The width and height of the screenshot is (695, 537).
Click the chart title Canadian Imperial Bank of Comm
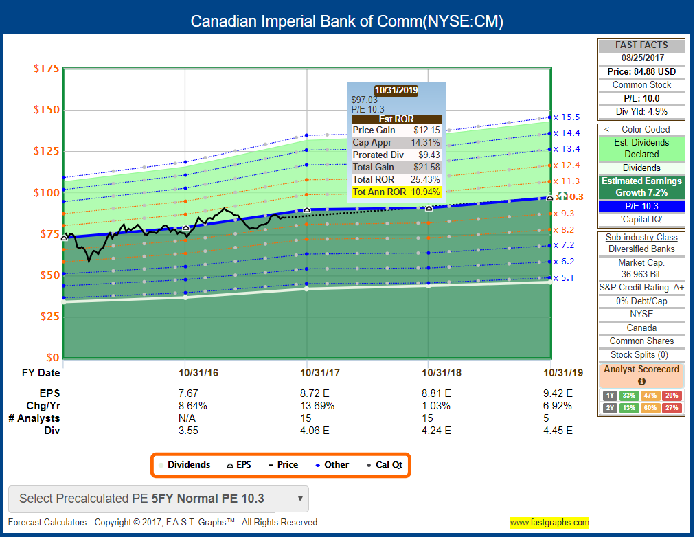point(347,21)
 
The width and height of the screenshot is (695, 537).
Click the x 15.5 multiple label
point(567,117)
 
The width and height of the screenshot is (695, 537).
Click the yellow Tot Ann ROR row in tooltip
point(396,192)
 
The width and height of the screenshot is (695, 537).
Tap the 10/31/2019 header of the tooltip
point(396,90)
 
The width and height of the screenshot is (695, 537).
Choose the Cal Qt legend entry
point(387,465)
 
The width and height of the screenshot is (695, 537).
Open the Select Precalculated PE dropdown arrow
point(299,499)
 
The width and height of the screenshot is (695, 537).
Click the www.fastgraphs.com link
point(549,523)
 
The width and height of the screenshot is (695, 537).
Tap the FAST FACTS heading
point(641,45)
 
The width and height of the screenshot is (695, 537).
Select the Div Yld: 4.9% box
point(641,111)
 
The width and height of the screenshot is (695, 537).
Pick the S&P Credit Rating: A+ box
point(641,287)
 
